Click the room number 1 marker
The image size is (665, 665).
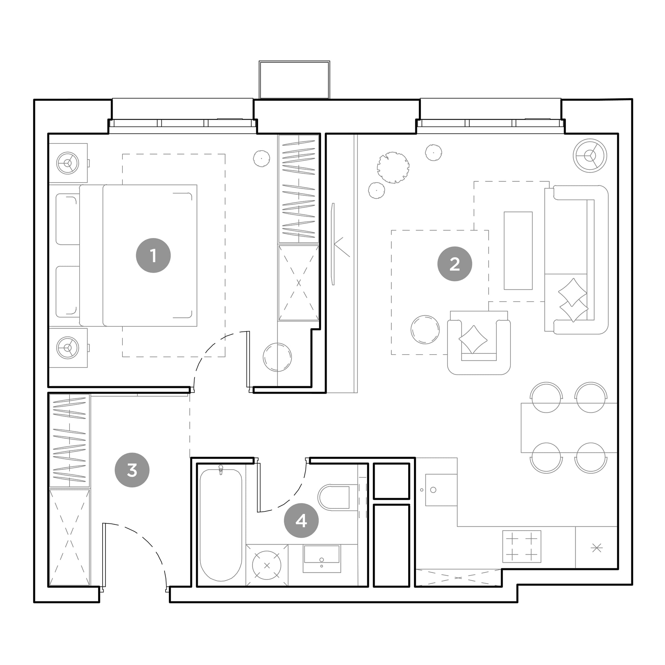[x=153, y=256]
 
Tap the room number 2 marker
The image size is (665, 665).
[x=454, y=264]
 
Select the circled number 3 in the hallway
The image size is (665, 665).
[x=132, y=470]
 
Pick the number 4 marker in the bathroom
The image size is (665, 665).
[x=301, y=521]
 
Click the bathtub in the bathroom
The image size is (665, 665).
[x=220, y=525]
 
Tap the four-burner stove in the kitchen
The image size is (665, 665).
[x=521, y=546]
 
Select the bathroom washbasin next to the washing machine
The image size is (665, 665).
[x=321, y=558]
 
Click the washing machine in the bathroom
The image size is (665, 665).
[x=267, y=565]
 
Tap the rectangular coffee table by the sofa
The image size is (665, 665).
[x=518, y=251]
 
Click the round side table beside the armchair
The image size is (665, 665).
[x=425, y=329]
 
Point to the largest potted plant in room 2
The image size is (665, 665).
[x=393, y=167]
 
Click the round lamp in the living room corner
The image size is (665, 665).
[x=590, y=156]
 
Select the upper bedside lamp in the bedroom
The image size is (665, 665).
[x=68, y=163]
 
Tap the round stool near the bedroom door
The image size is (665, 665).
[x=277, y=357]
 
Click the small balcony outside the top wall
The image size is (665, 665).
[x=294, y=80]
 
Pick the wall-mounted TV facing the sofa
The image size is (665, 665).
[x=333, y=244]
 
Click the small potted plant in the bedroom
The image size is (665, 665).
[x=262, y=159]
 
